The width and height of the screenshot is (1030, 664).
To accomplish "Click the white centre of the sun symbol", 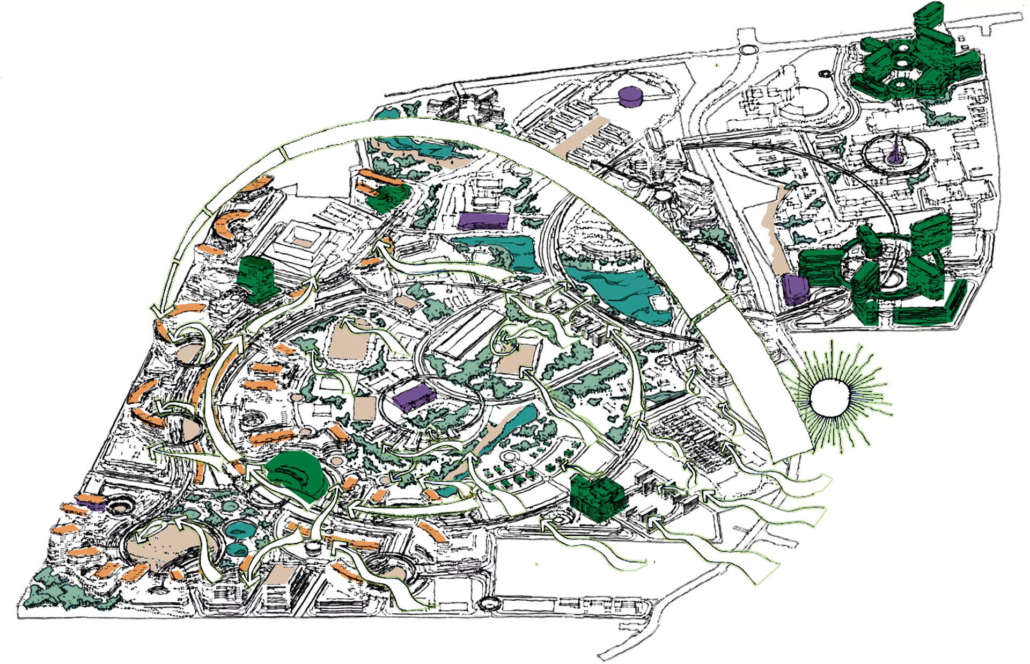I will (x=829, y=398).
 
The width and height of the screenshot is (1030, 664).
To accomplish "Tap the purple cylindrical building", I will (x=630, y=97).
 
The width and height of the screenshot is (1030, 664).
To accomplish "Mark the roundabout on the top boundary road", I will (x=747, y=50).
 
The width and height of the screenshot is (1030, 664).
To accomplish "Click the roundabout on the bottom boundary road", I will (x=488, y=604).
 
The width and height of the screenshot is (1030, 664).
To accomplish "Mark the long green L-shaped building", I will (x=933, y=309).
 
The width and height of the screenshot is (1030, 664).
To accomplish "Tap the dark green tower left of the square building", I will (x=256, y=276).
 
